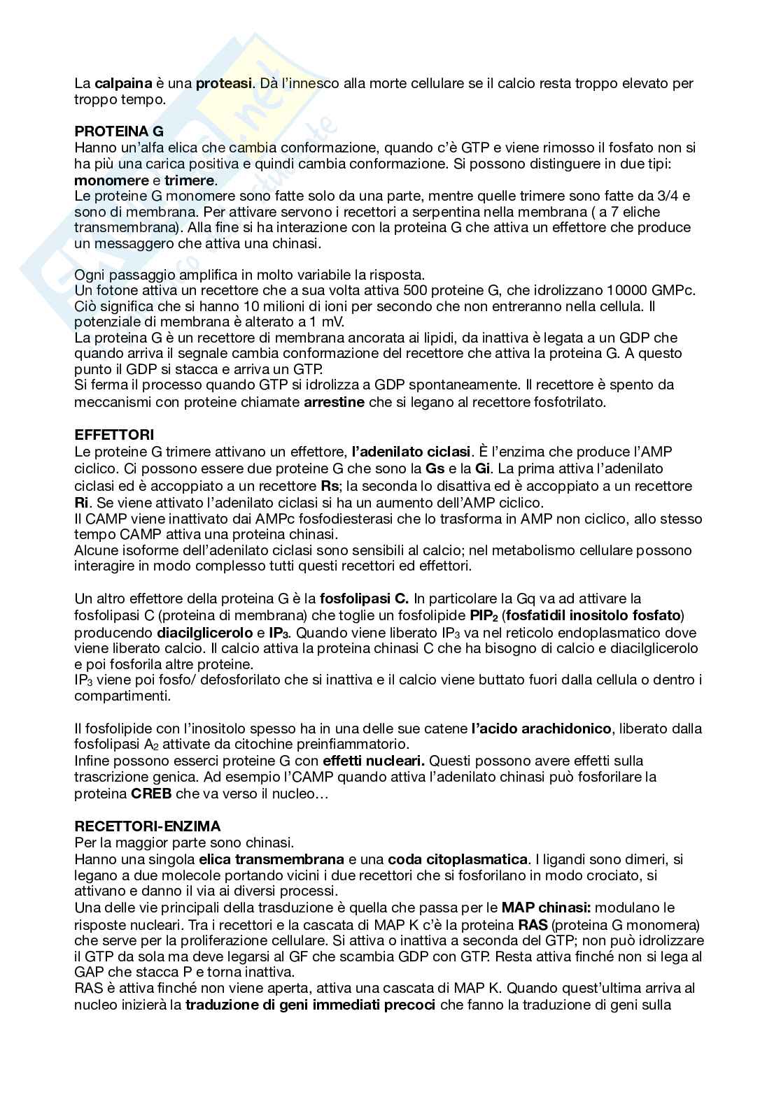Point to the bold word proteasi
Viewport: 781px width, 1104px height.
click(x=224, y=84)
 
